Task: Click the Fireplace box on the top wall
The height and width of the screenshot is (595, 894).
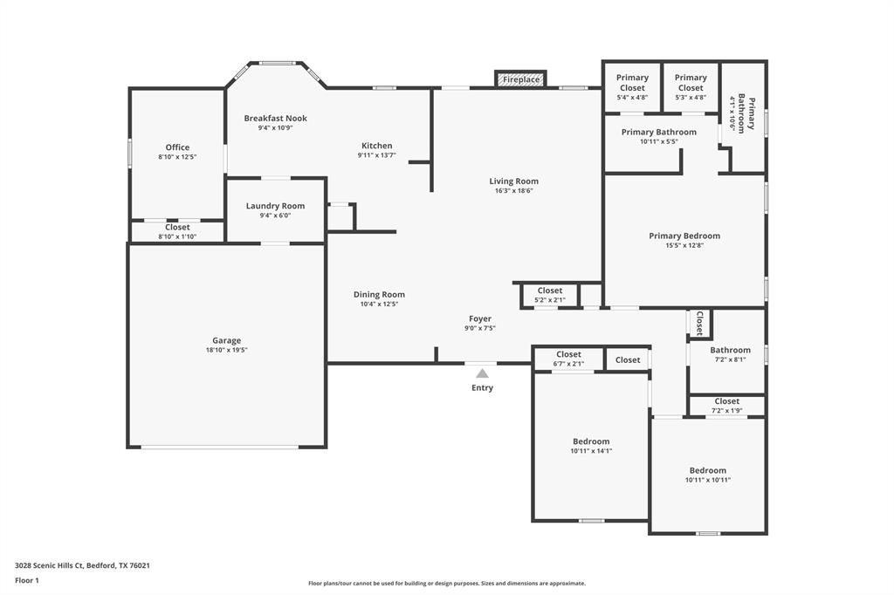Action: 520,79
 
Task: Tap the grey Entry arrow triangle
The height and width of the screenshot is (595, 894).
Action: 482,373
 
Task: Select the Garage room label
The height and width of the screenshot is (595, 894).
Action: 226,340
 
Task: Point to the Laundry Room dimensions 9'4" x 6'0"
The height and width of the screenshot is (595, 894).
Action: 275,215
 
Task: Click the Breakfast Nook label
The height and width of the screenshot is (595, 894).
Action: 275,118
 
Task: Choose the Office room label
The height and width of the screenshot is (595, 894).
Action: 177,147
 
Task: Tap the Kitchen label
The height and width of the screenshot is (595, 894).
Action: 377,146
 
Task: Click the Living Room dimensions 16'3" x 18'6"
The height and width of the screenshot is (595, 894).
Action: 513,191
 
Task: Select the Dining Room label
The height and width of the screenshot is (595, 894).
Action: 379,294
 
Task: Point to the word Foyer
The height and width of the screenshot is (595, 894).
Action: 480,318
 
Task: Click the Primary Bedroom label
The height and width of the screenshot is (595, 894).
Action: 684,236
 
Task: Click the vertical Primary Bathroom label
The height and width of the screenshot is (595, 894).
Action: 746,115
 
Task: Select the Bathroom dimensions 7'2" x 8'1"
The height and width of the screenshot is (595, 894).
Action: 731,359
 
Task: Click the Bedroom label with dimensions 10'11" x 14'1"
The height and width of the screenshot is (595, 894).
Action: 591,441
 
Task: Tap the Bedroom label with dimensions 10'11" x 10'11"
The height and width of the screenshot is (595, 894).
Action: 707,470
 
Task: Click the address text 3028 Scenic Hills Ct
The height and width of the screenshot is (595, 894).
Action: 49,565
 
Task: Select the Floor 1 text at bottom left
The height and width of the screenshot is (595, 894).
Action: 27,580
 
